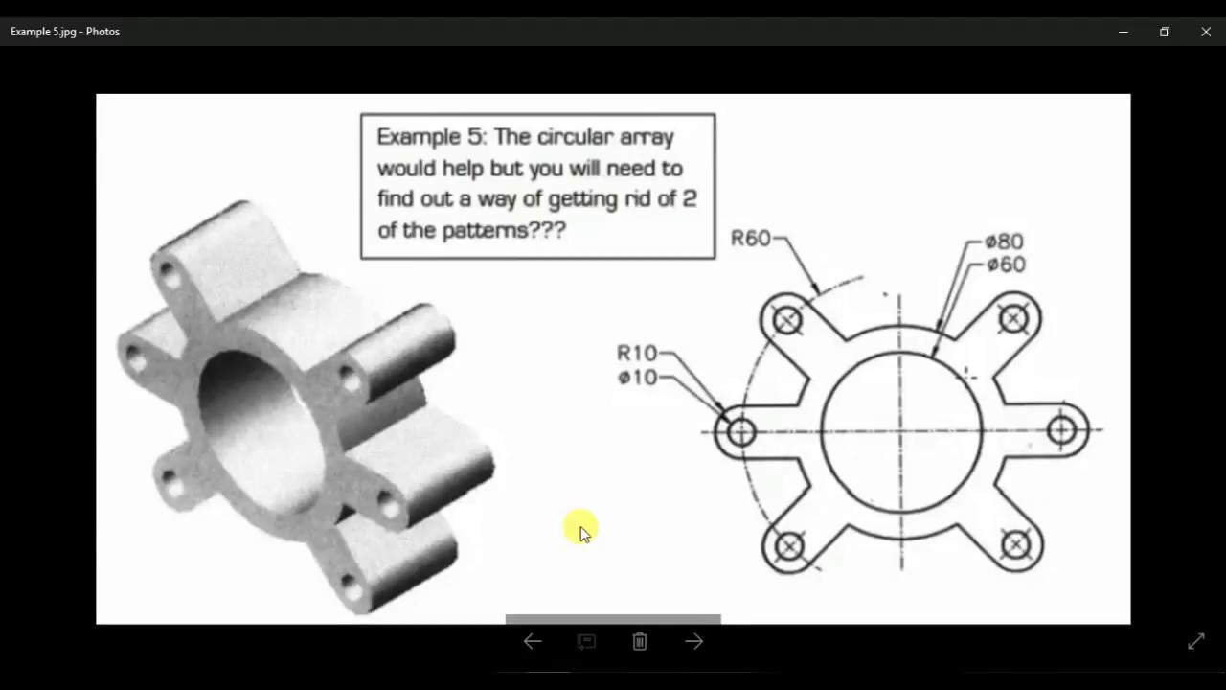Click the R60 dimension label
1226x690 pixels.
[751, 238]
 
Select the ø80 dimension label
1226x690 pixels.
[1004, 241]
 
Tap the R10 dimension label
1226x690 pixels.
[637, 354]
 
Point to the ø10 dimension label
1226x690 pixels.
[637, 378]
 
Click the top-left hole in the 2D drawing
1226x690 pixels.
[787, 320]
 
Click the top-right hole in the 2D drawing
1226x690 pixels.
[1013, 318]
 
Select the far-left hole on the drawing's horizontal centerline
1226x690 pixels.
[740, 432]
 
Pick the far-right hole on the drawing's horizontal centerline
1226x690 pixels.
[1061, 430]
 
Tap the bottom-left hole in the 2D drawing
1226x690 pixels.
[788, 546]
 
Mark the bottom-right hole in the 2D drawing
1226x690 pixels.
[1015, 545]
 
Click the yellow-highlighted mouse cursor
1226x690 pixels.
[581, 528]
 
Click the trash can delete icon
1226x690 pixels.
[640, 642]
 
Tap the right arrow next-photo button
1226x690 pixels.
[694, 642]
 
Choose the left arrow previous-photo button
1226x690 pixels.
[533, 642]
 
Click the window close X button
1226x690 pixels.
[1206, 32]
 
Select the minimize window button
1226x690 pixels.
[1124, 32]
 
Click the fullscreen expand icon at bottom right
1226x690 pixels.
[1196, 642]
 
